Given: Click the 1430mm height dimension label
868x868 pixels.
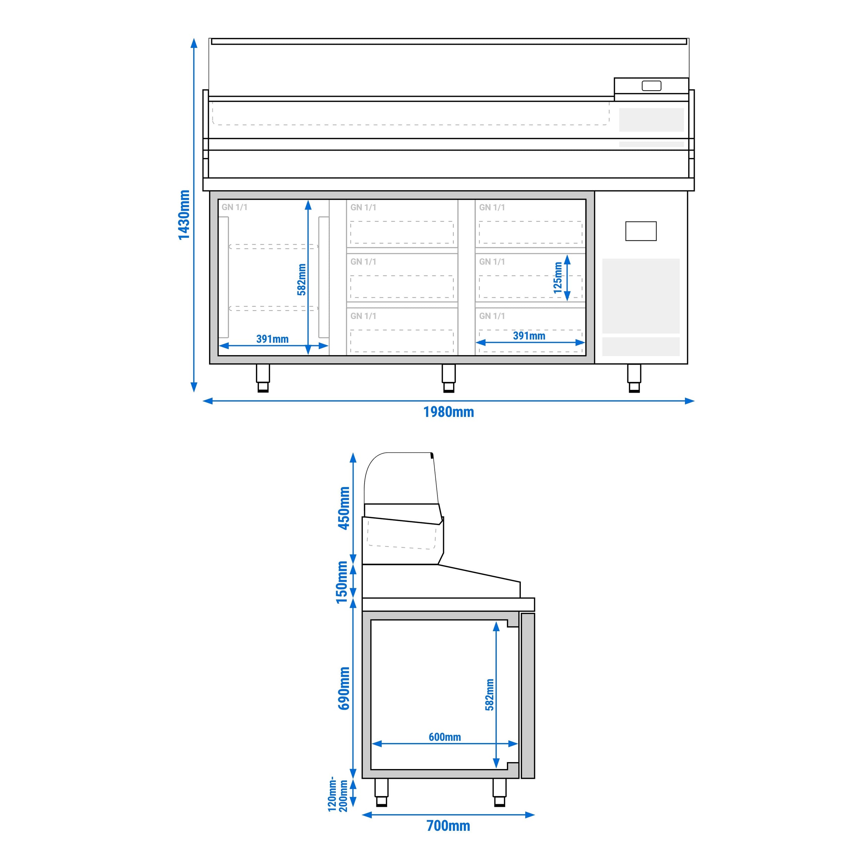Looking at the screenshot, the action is tap(184, 215).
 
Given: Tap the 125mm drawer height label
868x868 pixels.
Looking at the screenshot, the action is tap(558, 278).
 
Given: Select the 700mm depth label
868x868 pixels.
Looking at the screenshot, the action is tap(448, 826).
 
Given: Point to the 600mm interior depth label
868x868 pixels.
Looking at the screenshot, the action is tap(445, 737).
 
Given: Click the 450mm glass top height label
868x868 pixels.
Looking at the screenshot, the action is tap(344, 508).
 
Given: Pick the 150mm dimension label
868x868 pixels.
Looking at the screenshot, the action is tap(342, 582).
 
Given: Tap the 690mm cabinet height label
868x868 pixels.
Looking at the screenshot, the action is tap(344, 688).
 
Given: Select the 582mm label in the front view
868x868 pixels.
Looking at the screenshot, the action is tap(301, 279).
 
